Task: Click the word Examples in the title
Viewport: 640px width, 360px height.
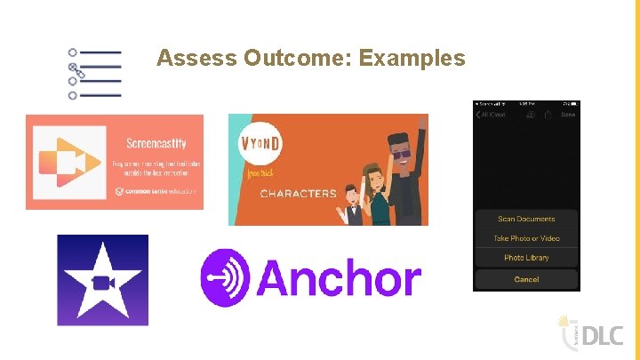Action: coord(413,59)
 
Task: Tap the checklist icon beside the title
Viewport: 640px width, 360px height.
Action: coord(94,74)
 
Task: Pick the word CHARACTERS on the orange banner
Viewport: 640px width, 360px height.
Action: coord(298,193)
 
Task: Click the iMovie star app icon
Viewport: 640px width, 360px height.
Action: coord(102,280)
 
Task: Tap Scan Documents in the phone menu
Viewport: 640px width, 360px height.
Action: coord(526,219)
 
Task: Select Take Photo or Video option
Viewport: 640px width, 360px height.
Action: coord(526,238)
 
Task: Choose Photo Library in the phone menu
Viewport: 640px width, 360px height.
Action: coord(526,258)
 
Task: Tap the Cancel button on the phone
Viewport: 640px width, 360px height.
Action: coord(526,279)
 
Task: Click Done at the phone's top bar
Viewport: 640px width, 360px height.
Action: coord(568,115)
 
